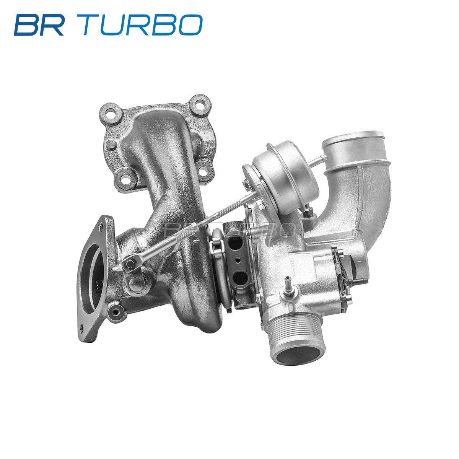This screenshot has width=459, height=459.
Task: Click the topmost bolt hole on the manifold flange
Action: tap(200, 104)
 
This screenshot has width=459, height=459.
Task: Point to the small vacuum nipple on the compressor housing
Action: tap(288, 286)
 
